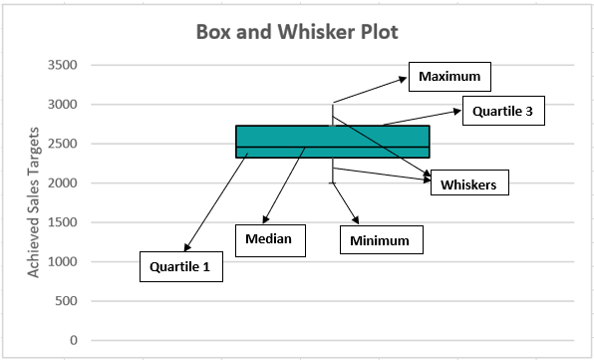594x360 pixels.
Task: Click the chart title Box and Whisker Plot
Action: [297, 32]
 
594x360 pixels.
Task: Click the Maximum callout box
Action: [449, 77]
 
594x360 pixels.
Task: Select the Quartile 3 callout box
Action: [504, 112]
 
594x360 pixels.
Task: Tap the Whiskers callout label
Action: [469, 184]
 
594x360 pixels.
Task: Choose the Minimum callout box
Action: [380, 240]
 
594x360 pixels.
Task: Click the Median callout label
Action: [268, 239]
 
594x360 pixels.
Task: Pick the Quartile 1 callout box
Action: [180, 267]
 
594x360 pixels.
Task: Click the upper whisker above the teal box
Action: [333, 114]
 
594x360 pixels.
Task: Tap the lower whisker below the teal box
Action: [333, 171]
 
